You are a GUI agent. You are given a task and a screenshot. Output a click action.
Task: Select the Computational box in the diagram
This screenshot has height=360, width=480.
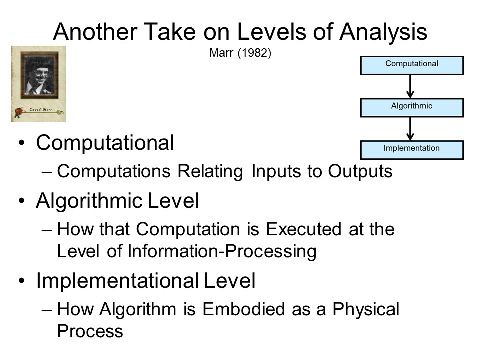point(412,65)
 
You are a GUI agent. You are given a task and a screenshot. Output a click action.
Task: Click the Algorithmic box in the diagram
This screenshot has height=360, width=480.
point(412,108)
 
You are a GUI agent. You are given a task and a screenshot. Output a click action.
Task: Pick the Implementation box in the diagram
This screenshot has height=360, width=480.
point(412,150)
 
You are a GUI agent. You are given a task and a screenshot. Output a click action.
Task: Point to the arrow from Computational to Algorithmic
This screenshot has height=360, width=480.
point(410,86)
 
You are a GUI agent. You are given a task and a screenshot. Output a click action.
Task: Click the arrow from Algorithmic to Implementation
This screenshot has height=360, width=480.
point(410,129)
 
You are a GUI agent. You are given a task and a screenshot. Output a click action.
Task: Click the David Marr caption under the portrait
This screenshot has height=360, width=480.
point(41,109)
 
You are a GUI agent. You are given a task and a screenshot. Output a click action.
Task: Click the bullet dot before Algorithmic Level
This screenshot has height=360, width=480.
point(21,201)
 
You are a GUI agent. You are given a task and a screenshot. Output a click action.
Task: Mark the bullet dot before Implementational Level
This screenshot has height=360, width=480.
point(21,280)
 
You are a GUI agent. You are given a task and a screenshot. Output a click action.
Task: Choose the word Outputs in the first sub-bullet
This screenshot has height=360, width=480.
point(360,171)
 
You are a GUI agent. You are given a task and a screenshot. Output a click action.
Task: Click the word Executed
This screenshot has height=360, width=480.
point(303,229)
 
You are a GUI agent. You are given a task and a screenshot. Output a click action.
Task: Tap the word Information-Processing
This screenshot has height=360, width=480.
point(222,252)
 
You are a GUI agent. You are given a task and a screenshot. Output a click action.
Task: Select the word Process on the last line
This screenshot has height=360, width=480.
point(90,331)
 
